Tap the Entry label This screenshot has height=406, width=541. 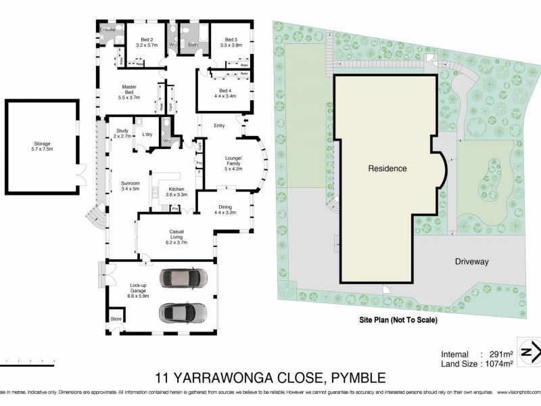pyautogui.click(x=219, y=126)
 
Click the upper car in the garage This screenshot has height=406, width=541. pyautogui.click(x=183, y=278)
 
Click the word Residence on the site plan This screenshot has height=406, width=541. pyautogui.click(x=387, y=168)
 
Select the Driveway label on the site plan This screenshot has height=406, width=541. pyautogui.click(x=471, y=261)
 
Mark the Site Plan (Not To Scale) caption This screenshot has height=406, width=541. pyautogui.click(x=398, y=319)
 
